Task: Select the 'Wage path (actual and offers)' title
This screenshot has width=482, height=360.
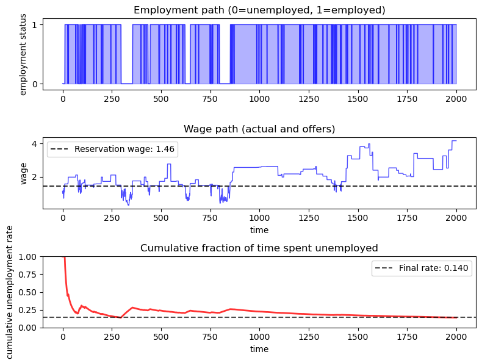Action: [259, 129]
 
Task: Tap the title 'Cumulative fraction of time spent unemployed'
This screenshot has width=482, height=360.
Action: [259, 248]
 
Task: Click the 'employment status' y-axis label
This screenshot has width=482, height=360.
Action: [23, 56]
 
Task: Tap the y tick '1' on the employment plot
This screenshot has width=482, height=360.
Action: [35, 24]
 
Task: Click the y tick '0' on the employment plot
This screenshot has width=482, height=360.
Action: [35, 84]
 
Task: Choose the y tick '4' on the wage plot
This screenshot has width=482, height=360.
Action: [35, 144]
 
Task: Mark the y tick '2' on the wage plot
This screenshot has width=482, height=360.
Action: [35, 177]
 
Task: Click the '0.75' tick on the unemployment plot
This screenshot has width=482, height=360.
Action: [29, 275]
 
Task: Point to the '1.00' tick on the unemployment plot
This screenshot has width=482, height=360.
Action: [29, 257]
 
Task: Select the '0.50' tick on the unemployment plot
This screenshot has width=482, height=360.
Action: [29, 292]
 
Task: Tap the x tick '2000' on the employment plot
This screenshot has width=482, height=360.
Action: [456, 98]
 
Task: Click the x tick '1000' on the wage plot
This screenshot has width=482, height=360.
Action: [259, 218]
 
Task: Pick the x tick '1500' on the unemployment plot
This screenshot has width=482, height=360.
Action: [358, 337]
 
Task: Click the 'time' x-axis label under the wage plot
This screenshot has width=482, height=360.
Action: [259, 230]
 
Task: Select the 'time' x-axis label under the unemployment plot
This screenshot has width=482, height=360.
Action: [259, 349]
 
